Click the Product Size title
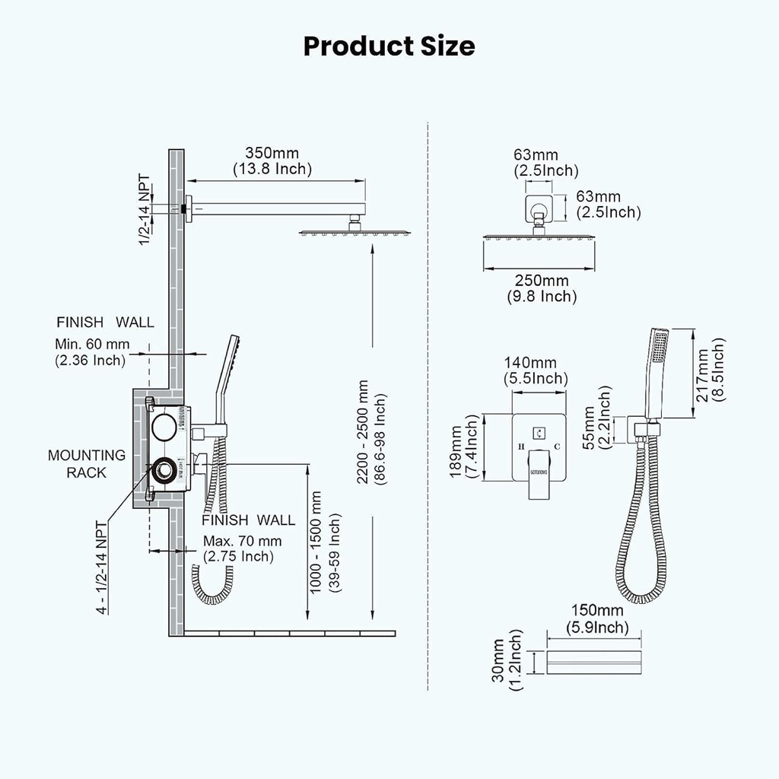click(389, 46)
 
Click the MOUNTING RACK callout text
click(86, 463)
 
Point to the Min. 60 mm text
click(91, 344)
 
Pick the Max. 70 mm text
click(242, 541)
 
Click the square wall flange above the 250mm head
click(539, 205)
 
